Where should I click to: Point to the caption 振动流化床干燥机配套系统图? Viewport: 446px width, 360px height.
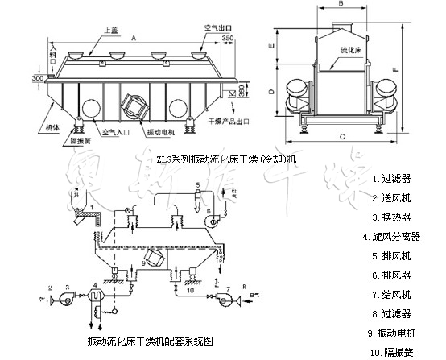[x=150, y=341]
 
